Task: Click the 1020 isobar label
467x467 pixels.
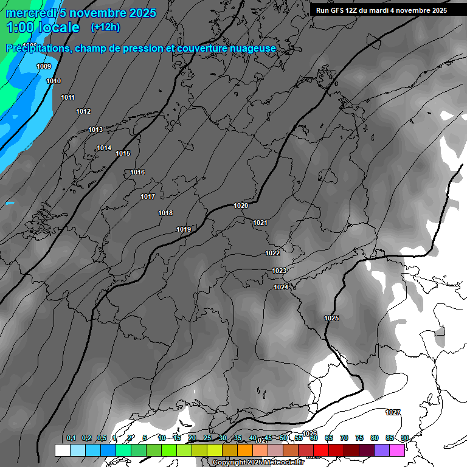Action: point(241,206)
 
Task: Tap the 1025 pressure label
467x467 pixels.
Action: point(331,319)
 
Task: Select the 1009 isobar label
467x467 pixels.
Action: point(44,66)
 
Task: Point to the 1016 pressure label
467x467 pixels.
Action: point(137,173)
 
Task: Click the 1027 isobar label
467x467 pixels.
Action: point(393,412)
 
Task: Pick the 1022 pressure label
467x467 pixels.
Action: point(272,253)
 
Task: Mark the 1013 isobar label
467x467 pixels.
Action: point(95,130)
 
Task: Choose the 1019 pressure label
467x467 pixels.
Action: point(184,229)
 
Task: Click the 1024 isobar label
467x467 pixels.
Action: point(281,287)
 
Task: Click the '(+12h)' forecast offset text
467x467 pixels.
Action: point(105,27)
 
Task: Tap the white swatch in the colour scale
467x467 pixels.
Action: point(62,450)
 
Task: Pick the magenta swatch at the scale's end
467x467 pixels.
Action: point(397,450)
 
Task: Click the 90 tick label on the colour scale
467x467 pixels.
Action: point(404,438)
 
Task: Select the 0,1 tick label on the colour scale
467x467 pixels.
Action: point(71,438)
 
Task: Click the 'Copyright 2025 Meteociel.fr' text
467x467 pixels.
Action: point(258,462)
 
